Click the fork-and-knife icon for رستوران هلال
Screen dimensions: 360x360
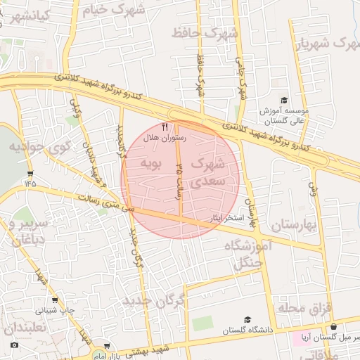click(x=165, y=127)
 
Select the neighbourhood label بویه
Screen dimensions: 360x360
click(x=152, y=165)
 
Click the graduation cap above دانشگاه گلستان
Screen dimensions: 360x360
click(x=250, y=320)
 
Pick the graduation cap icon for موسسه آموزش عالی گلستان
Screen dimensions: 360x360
click(x=283, y=101)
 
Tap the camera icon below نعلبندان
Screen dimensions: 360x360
click(x=15, y=345)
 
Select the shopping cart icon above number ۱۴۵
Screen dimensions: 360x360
click(x=30, y=172)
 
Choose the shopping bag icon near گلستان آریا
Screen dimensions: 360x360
click(x=333, y=327)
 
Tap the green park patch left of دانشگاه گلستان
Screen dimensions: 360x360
click(x=202, y=323)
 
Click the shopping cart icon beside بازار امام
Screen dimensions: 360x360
click(x=106, y=346)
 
